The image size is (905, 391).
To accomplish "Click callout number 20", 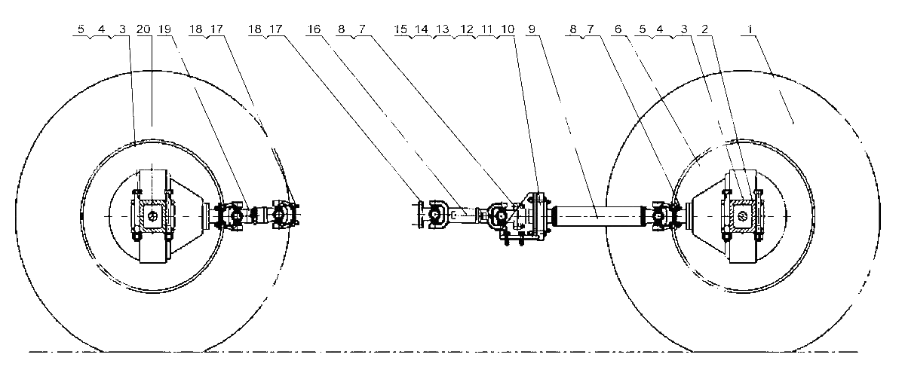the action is [x=143, y=29].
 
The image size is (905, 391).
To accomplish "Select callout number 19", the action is [x=165, y=29].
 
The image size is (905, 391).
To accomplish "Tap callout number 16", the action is [x=314, y=29].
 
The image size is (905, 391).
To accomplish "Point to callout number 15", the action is [x=400, y=29].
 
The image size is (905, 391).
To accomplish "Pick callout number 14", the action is [x=422, y=29].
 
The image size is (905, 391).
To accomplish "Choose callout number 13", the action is [x=443, y=29].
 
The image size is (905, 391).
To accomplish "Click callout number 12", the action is [x=467, y=29].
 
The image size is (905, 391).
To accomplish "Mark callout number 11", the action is [x=487, y=29].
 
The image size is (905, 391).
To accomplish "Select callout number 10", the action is [x=508, y=29].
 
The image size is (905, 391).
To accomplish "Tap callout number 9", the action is [x=532, y=29].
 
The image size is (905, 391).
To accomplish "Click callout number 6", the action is [x=618, y=29].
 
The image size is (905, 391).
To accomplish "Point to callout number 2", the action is [x=705, y=29].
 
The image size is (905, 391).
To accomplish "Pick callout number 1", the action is [x=750, y=29].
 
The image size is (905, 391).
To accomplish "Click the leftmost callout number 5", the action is [x=81, y=29].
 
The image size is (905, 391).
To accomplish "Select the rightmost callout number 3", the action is [x=684, y=29].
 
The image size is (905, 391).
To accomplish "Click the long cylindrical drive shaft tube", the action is [x=599, y=216].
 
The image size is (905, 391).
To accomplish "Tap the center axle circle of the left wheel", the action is [x=152, y=216].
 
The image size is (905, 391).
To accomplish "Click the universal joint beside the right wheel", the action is [x=663, y=217].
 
